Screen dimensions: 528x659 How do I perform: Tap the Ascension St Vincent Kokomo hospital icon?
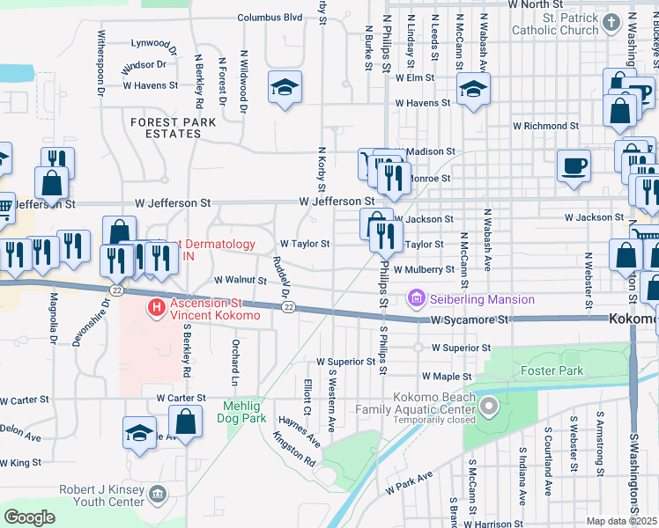(156, 307)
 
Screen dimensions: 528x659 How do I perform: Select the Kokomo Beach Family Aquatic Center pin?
(490, 407)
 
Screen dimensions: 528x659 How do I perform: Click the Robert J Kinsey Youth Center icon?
(158, 495)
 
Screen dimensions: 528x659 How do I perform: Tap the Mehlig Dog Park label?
(241, 413)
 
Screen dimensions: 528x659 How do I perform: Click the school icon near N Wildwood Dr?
(285, 87)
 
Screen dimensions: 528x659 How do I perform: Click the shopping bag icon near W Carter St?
(185, 422)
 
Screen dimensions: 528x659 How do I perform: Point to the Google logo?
(29, 517)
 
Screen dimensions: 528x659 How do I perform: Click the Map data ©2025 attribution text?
(621, 521)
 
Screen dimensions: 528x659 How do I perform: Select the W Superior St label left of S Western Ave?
(346, 362)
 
